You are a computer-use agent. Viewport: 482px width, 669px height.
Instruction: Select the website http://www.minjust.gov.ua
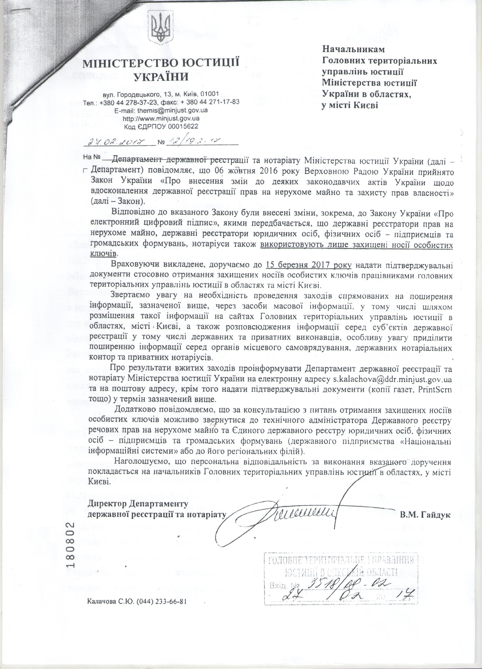(x=161, y=118)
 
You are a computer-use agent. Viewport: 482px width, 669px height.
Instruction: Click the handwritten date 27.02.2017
(x=119, y=142)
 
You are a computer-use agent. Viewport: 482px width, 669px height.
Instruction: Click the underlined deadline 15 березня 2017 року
(x=308, y=265)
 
